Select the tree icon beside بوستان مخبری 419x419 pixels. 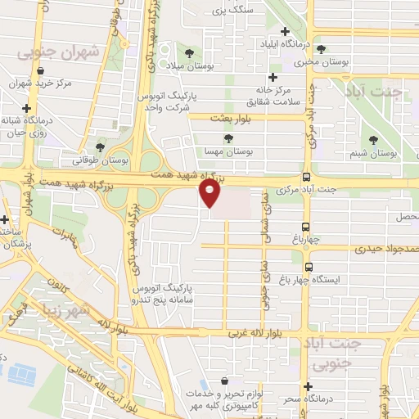[x=321, y=49]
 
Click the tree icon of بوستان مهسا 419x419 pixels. [x=227, y=138]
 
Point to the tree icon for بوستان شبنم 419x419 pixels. [x=374, y=140]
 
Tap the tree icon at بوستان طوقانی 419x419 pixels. [x=100, y=147]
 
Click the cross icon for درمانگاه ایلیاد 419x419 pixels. [x=284, y=31]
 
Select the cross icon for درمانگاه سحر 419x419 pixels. [x=308, y=386]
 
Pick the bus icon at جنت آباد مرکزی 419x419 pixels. [x=306, y=178]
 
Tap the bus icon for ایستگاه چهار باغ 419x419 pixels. [x=308, y=266]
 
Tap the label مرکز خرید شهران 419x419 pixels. [x=41, y=83]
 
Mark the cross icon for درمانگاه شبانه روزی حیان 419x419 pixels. [x=28, y=108]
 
